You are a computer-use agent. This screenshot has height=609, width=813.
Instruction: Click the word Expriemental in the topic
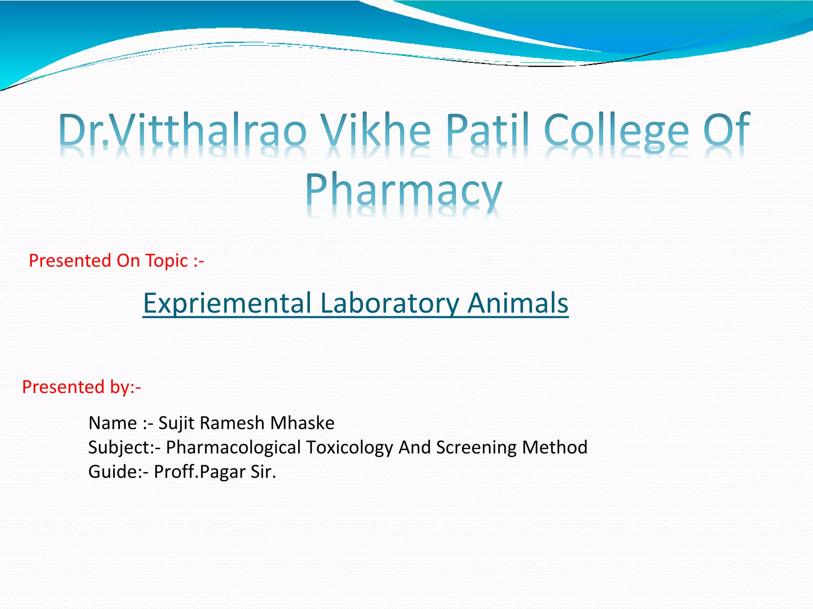tap(227, 303)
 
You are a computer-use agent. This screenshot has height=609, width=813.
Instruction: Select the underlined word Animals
tap(518, 303)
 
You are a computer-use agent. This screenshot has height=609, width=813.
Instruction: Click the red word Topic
tap(166, 261)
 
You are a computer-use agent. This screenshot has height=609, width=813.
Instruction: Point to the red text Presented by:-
tap(81, 387)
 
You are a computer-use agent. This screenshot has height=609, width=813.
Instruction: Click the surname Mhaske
tap(302, 423)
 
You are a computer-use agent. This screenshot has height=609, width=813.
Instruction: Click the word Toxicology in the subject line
tap(349, 448)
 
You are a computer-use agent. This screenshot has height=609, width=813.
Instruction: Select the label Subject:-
tap(124, 448)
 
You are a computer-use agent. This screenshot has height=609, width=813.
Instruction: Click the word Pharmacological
tap(233, 448)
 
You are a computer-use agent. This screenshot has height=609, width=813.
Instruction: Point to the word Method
tap(555, 447)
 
